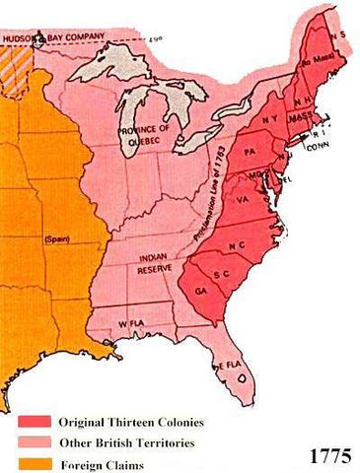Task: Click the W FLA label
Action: [x=129, y=324]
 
